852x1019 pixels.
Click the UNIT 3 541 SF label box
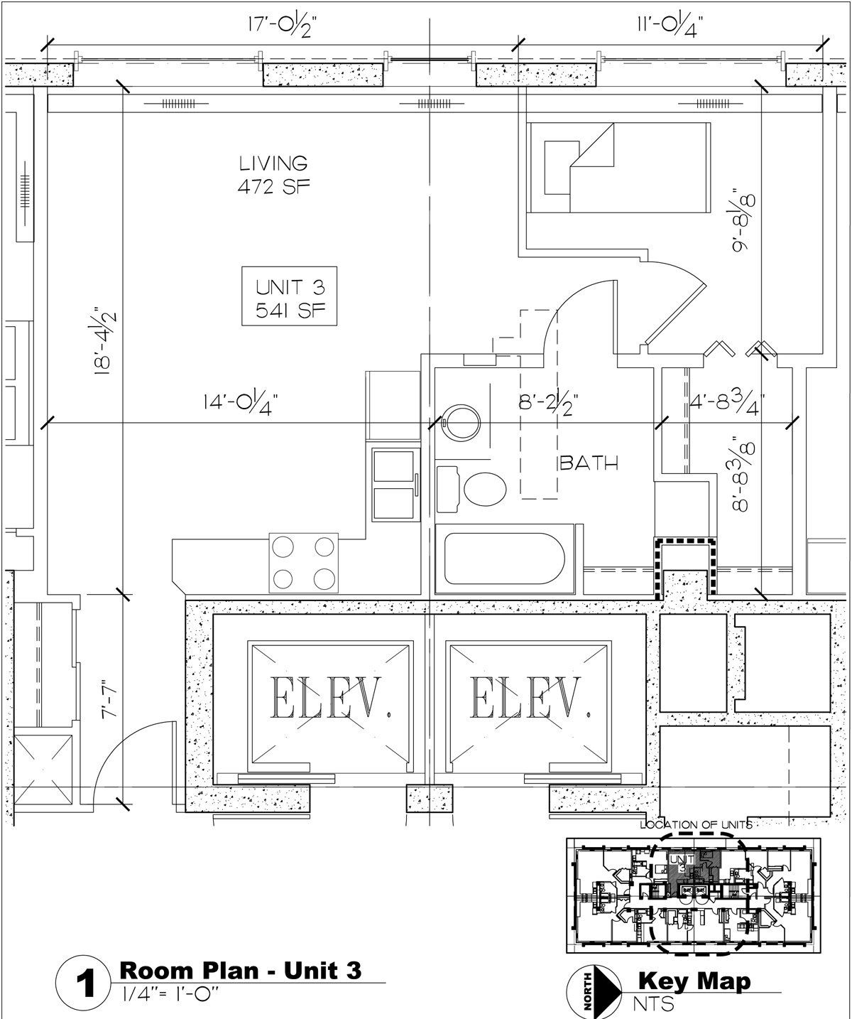pyautogui.click(x=289, y=296)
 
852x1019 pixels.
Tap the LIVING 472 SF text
pyautogui.click(x=273, y=174)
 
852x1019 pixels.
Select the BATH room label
pyautogui.click(x=589, y=463)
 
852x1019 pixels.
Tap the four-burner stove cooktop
pyautogui.click(x=304, y=562)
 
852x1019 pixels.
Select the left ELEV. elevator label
pyautogui.click(x=329, y=697)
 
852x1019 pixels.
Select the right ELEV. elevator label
pyautogui.click(x=528, y=697)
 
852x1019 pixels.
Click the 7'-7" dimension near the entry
pyautogui.click(x=108, y=700)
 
